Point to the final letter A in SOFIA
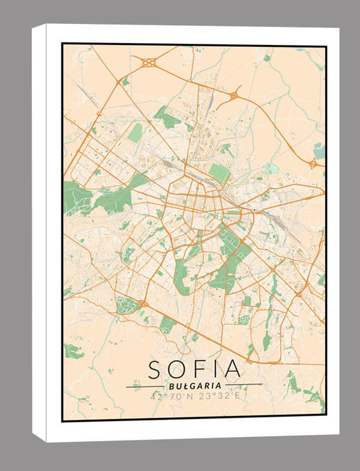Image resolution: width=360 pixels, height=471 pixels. click(x=233, y=369)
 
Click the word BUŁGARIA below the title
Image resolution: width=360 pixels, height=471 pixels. click(x=194, y=385)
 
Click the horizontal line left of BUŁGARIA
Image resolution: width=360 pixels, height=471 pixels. click(x=146, y=386)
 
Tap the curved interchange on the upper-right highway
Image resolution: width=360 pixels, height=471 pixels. click(x=233, y=95)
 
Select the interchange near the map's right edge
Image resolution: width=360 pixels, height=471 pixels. click(x=313, y=163)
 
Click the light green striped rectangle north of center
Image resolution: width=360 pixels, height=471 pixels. click(x=219, y=174)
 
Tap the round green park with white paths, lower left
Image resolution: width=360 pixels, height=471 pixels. click(x=127, y=305)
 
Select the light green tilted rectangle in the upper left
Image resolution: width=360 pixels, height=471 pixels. click(x=135, y=133)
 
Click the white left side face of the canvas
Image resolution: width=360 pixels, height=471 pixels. click(x=47, y=234)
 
